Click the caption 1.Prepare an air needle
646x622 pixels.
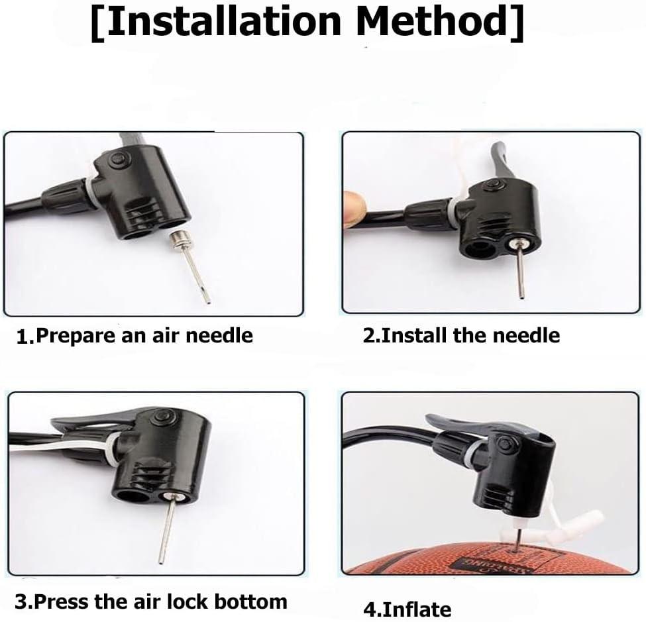tap(135, 336)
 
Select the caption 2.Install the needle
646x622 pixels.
tap(460, 336)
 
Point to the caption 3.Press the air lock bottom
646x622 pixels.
tap(151, 601)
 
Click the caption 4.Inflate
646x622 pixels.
tap(407, 608)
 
